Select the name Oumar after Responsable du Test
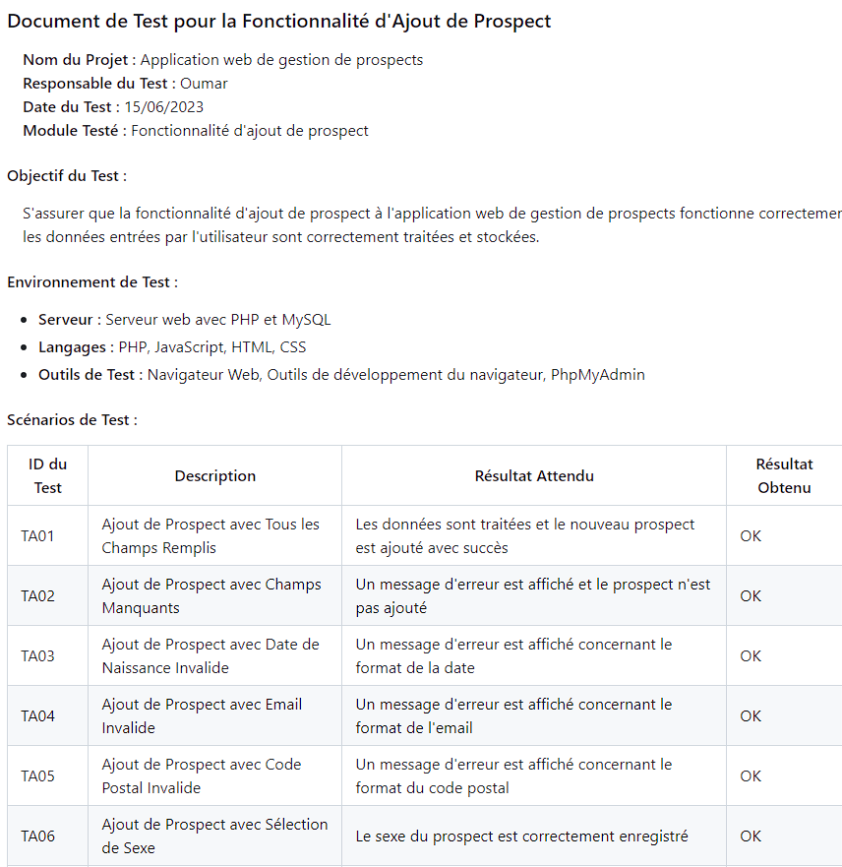click(204, 83)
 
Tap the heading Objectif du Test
click(67, 176)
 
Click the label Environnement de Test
click(92, 281)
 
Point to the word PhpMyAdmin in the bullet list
click(597, 374)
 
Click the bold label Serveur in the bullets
click(68, 319)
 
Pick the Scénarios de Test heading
click(72, 419)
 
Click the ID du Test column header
click(48, 475)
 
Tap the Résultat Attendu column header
click(534, 475)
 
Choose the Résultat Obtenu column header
click(784, 475)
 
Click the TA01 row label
click(38, 536)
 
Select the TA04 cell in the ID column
click(38, 715)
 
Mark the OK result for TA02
click(751, 595)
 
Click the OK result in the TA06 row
click(751, 836)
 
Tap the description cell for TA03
click(210, 655)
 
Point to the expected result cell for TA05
click(513, 775)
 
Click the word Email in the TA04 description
click(283, 704)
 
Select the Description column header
click(214, 475)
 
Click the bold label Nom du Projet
click(79, 59)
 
